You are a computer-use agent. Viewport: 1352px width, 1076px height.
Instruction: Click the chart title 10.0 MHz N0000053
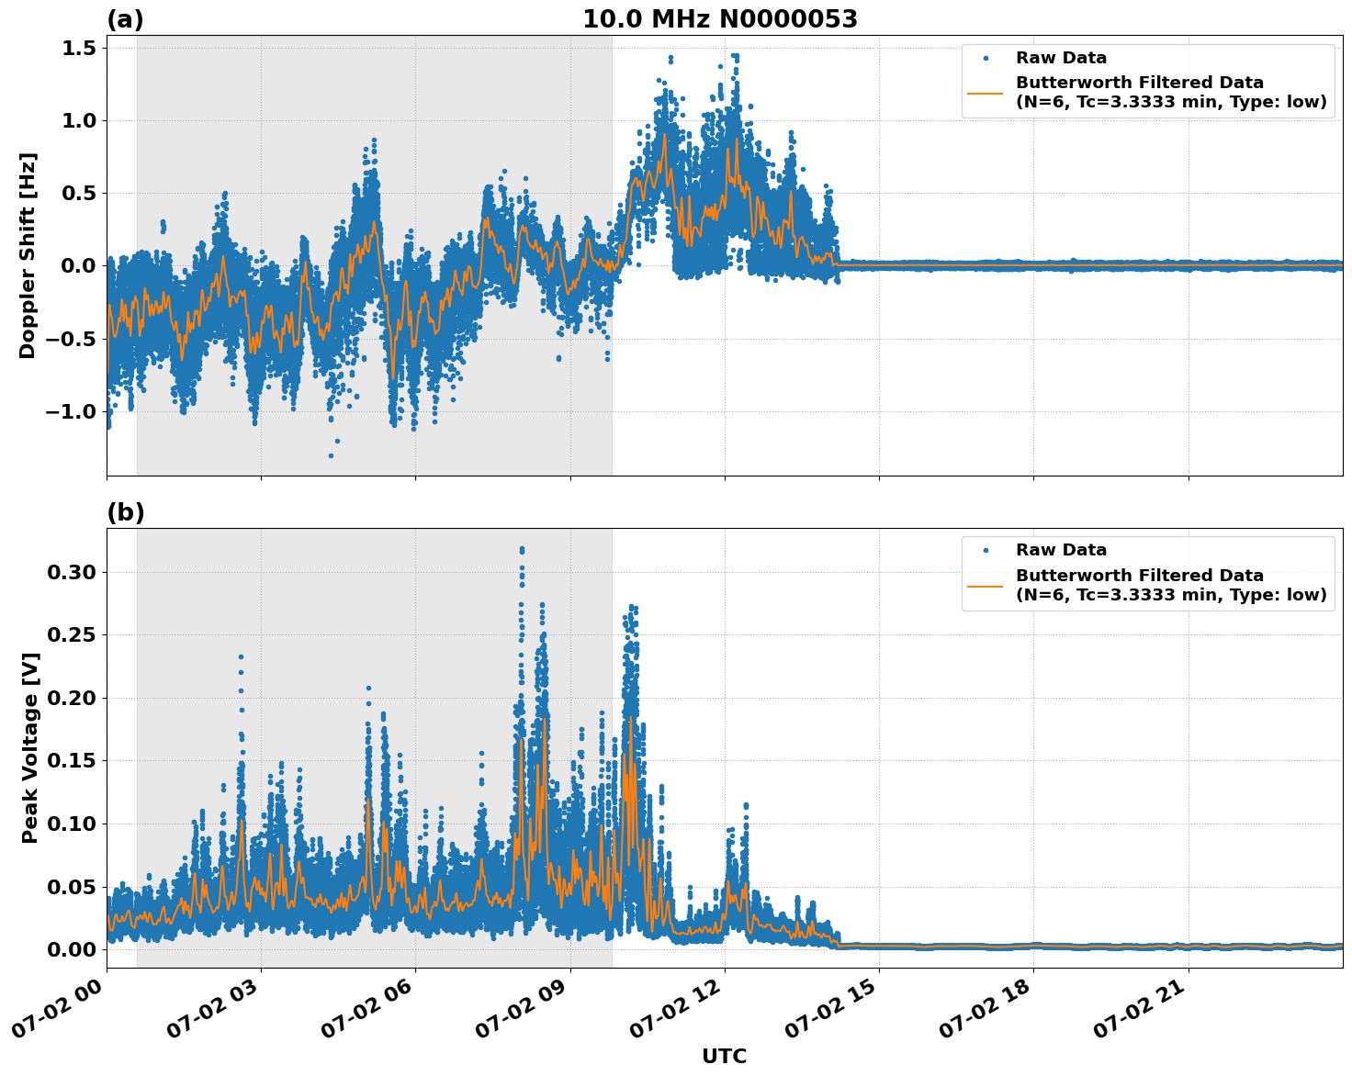point(719,19)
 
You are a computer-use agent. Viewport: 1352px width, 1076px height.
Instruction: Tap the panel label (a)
point(125,19)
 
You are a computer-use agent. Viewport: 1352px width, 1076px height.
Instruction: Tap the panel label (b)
point(125,512)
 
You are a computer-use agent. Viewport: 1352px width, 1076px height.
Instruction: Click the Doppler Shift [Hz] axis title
point(28,255)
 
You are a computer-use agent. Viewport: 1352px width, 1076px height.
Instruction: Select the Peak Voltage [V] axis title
point(30,747)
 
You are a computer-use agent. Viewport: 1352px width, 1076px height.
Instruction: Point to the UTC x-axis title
point(724,1056)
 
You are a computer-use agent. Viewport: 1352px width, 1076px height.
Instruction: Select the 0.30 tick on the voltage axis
point(71,572)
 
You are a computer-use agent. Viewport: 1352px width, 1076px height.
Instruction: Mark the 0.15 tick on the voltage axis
point(71,760)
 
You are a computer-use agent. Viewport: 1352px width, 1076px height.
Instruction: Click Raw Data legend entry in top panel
point(1061,58)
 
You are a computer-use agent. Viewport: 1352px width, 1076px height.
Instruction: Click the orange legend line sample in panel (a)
point(986,92)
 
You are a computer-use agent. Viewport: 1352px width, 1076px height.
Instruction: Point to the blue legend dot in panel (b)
point(986,550)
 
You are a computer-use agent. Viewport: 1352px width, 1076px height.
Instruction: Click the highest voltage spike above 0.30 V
point(522,549)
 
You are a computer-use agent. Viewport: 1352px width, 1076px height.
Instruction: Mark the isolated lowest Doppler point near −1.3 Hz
point(331,455)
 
